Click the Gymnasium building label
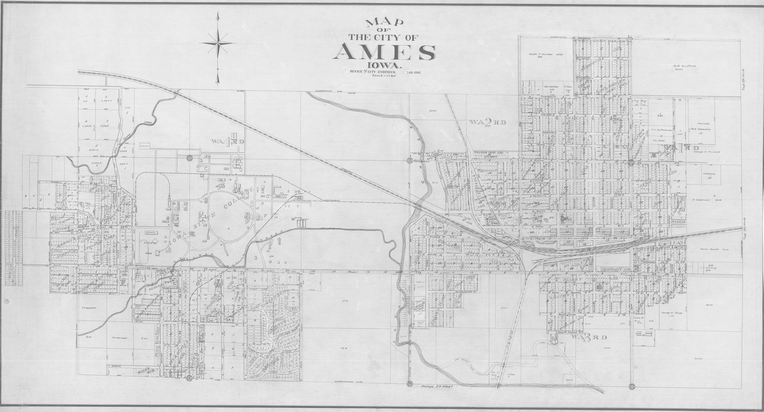[x=151, y=233]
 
